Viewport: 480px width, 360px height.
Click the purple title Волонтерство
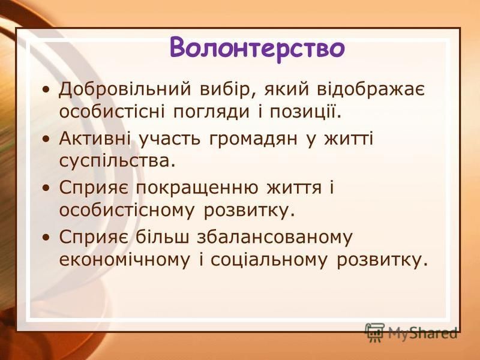[x=257, y=48]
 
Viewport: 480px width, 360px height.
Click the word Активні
[x=95, y=139]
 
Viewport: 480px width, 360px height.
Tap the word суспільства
[x=117, y=160]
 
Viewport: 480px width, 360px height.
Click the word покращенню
[x=197, y=188]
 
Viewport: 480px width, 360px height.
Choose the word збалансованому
[x=275, y=236]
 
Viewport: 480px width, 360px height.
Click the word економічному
[x=125, y=260]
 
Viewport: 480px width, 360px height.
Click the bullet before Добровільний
[x=46, y=91]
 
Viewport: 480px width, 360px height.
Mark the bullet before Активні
[x=46, y=140]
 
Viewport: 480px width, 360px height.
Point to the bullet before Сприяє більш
[x=46, y=238]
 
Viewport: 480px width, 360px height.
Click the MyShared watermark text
[x=423, y=333]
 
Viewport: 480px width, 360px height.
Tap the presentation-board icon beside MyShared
[x=374, y=332]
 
